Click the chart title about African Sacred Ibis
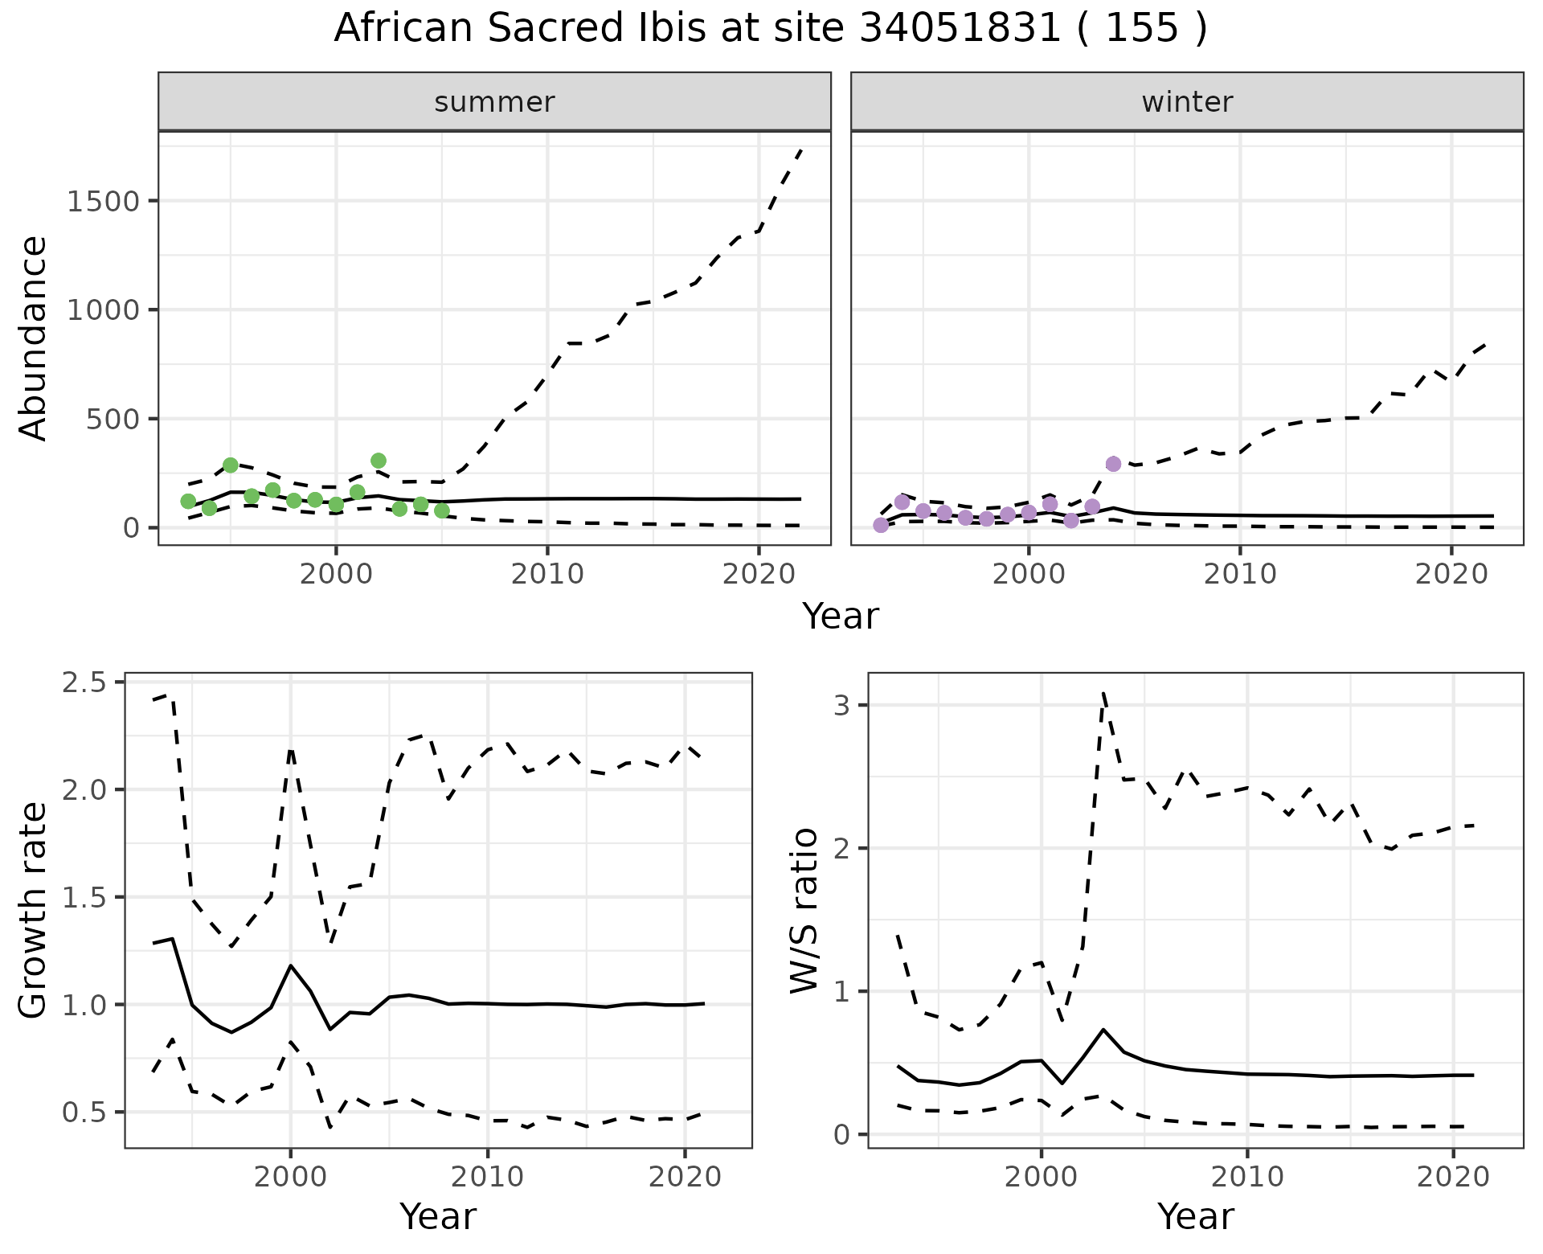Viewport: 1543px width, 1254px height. (770, 29)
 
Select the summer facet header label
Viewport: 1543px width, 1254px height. (494, 102)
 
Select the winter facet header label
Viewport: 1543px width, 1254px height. (1187, 102)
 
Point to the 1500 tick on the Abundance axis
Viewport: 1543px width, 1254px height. (104, 201)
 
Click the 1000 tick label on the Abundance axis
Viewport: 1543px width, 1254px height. (104, 310)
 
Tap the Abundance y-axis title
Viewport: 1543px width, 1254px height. (34, 338)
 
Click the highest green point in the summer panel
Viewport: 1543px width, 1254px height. (379, 461)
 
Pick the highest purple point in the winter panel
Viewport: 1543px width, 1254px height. (1113, 464)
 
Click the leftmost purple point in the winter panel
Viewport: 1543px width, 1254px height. (881, 525)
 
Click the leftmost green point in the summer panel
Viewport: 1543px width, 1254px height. (188, 502)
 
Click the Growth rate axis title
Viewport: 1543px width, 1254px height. (34, 910)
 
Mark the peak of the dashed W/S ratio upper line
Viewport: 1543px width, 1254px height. (1103, 693)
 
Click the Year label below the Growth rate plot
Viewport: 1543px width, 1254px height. (438, 1216)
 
